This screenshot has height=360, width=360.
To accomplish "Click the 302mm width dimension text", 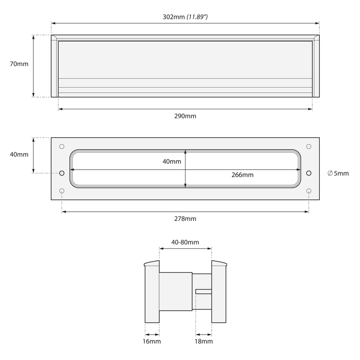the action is [x=174, y=17].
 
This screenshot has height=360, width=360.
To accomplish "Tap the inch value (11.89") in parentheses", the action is [x=197, y=17].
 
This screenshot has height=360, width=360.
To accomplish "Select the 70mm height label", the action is [x=19, y=64].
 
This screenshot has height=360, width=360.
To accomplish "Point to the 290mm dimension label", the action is [x=185, y=116].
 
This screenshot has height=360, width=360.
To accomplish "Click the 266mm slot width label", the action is [x=242, y=175].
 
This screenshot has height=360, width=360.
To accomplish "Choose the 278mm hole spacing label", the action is [x=185, y=219].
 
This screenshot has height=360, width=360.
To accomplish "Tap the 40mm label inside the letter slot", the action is [x=172, y=162].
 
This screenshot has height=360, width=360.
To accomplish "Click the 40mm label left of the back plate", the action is [x=19, y=154].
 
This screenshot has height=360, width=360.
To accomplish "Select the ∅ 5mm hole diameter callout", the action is [x=338, y=173].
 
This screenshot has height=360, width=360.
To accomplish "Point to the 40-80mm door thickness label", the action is [x=185, y=242].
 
